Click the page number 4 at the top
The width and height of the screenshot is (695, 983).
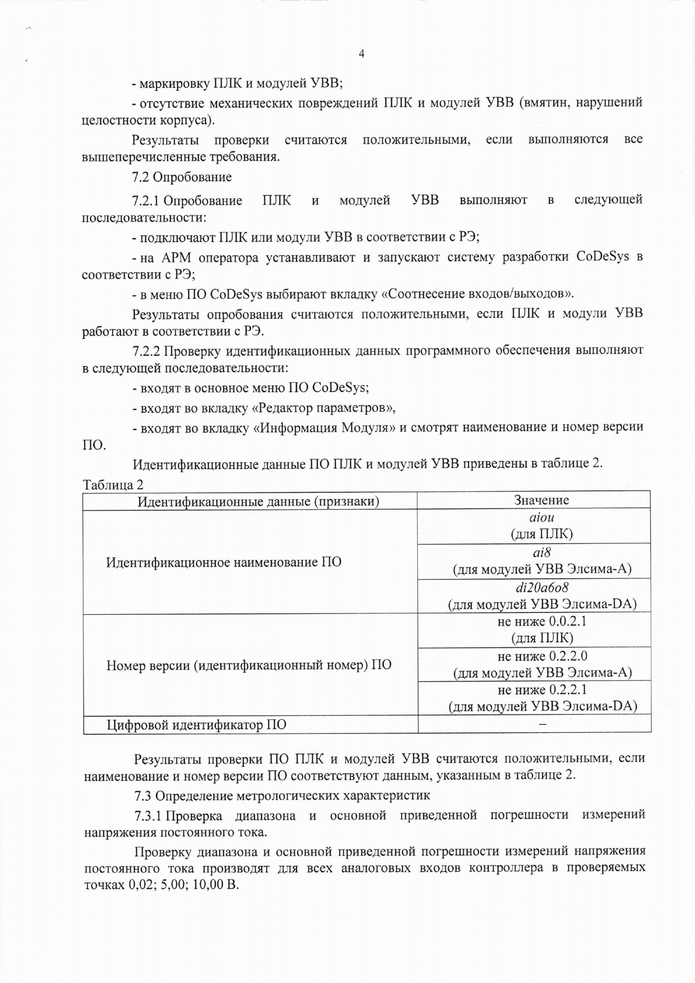pyautogui.click(x=361, y=54)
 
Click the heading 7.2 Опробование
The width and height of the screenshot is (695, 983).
pyautogui.click(x=182, y=177)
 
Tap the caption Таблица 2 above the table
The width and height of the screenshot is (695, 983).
pyautogui.click(x=113, y=485)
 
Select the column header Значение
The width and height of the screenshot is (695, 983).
pyautogui.click(x=541, y=500)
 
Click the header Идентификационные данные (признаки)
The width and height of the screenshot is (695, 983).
pyautogui.click(x=258, y=501)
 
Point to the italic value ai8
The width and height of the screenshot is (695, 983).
pyautogui.click(x=541, y=553)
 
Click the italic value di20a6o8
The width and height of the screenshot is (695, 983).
pyautogui.click(x=542, y=588)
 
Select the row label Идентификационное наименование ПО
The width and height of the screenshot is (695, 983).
pyautogui.click(x=224, y=562)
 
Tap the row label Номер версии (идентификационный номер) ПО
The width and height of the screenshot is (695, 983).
pyautogui.click(x=249, y=664)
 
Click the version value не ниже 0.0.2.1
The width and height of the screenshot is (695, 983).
pyautogui.click(x=542, y=621)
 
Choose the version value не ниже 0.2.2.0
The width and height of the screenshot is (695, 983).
pyautogui.click(x=542, y=656)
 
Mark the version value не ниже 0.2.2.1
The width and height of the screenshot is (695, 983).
pyautogui.click(x=542, y=690)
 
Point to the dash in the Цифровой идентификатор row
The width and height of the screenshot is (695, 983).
pyautogui.click(x=542, y=724)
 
